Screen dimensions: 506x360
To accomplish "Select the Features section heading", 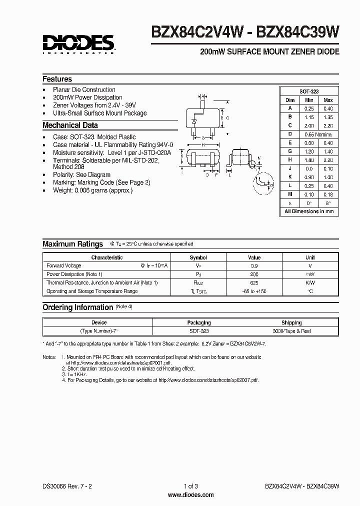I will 57,79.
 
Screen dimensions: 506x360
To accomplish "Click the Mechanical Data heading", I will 70,125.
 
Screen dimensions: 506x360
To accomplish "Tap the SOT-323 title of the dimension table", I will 308,91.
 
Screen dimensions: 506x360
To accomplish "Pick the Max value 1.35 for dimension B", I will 327,117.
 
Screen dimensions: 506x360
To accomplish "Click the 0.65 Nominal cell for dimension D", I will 317,134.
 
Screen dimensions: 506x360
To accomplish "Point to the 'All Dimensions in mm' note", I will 308,211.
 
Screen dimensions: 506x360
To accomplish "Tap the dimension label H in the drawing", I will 203,144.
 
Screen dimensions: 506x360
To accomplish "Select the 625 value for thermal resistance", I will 254,283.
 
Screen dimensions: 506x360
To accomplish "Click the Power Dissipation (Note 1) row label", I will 74,274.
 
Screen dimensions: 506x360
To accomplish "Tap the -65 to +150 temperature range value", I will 254,291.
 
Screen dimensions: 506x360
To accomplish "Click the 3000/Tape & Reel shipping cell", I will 291,331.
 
